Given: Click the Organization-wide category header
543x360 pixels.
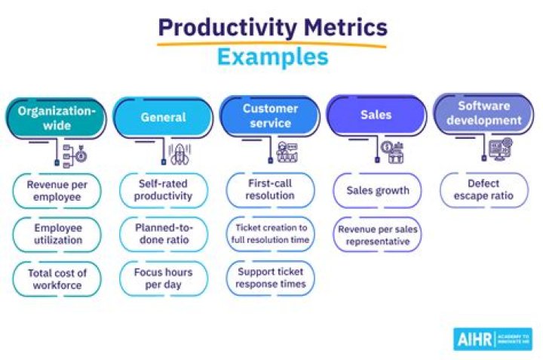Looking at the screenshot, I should click(x=57, y=117).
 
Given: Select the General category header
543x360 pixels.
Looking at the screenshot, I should click(x=163, y=117).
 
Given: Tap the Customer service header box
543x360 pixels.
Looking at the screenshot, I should click(x=270, y=115).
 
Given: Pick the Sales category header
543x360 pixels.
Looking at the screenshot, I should click(x=376, y=115).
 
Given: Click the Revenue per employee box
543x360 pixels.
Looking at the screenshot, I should click(x=57, y=190).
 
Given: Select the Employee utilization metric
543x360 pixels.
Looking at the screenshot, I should click(x=57, y=234).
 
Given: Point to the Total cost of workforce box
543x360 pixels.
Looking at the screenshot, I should click(x=57, y=278).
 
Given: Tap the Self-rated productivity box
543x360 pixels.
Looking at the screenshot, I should click(x=164, y=190).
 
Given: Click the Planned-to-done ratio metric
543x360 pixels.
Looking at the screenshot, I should click(x=164, y=234).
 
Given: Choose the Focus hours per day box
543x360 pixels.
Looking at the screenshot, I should click(x=164, y=278).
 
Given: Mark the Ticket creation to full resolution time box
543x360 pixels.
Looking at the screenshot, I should click(x=270, y=234).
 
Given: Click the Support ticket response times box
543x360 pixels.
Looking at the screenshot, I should click(x=270, y=278).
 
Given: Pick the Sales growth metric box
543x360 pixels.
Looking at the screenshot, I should click(x=377, y=190).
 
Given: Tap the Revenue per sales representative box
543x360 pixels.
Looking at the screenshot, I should click(x=377, y=234).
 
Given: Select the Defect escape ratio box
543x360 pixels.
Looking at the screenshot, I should click(x=483, y=190).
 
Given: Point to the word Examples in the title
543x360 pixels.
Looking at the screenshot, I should click(x=272, y=57).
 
